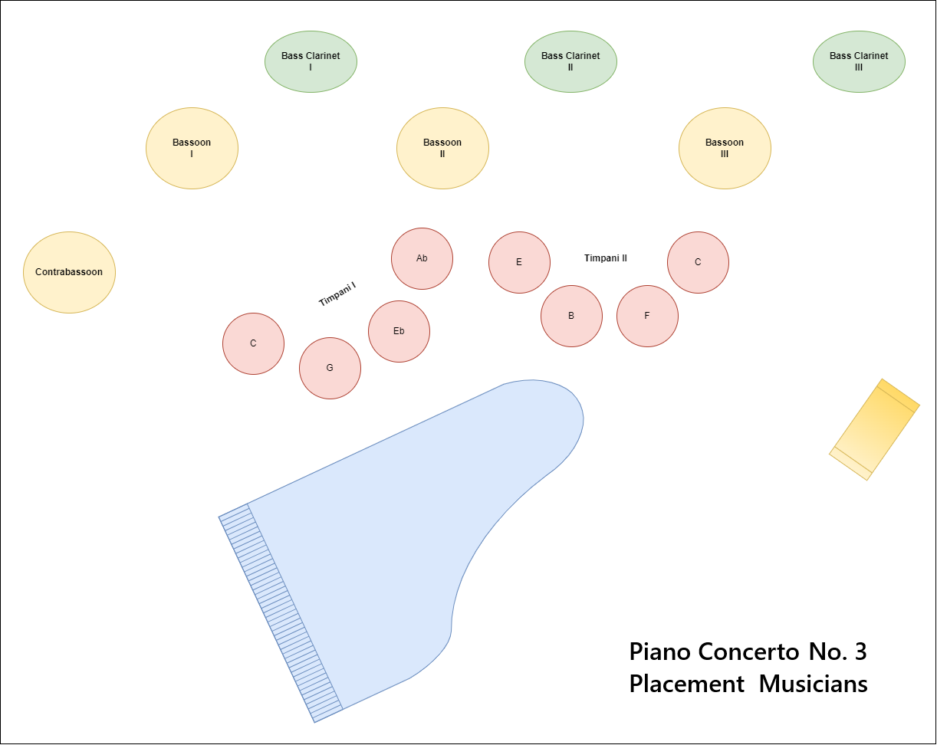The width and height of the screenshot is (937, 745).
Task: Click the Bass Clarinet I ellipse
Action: tap(311, 61)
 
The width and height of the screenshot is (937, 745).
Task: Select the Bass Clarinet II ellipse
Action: tap(570, 61)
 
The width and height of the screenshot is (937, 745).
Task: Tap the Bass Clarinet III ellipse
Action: tap(859, 61)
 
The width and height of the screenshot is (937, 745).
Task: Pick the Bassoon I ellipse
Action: tap(192, 148)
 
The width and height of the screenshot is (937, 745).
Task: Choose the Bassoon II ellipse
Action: tap(442, 148)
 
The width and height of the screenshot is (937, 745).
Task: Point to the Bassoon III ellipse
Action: tap(725, 148)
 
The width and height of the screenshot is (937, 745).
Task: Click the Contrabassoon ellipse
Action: tap(69, 272)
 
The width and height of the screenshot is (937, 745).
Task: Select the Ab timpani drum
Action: tap(422, 258)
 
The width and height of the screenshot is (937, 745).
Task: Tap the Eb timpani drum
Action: tap(399, 331)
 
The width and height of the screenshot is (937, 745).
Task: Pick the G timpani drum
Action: tap(330, 368)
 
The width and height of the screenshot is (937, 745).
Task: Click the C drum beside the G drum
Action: tap(253, 343)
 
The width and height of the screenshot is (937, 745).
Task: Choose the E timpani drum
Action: tap(519, 262)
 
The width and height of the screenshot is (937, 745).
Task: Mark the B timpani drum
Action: tap(571, 316)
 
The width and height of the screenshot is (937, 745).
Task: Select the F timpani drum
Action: tap(647, 316)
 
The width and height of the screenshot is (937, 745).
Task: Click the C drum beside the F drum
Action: tap(698, 262)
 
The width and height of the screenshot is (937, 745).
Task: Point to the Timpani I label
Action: tap(337, 294)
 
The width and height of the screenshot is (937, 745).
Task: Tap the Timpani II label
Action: tap(606, 258)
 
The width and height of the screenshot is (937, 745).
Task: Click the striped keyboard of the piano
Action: tap(281, 613)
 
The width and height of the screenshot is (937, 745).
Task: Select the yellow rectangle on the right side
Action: tap(874, 429)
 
